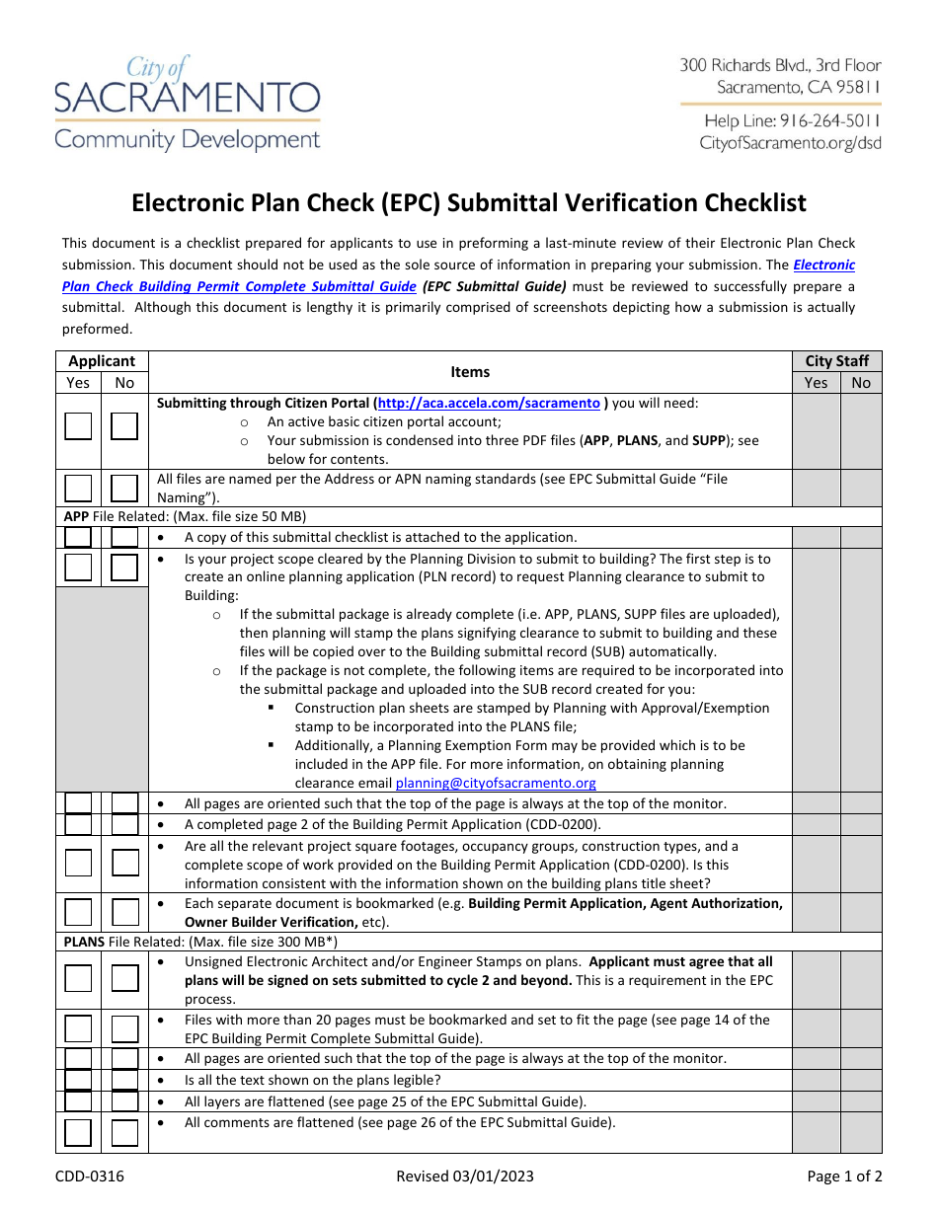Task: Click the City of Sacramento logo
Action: [x=188, y=104]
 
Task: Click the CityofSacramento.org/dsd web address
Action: [x=790, y=143]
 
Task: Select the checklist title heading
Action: [x=469, y=203]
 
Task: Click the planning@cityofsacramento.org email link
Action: [x=496, y=783]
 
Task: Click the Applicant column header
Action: [x=102, y=361]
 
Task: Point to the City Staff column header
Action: [x=836, y=361]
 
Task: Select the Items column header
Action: [x=470, y=372]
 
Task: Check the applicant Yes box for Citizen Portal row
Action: [x=78, y=426]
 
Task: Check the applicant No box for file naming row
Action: [x=124, y=489]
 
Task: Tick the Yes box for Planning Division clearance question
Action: [x=78, y=568]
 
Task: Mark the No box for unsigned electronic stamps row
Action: [x=124, y=978]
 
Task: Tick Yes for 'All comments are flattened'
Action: [x=78, y=1131]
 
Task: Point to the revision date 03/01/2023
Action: [x=469, y=1176]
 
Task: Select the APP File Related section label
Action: [x=186, y=516]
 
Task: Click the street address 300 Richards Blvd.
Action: [x=780, y=65]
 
